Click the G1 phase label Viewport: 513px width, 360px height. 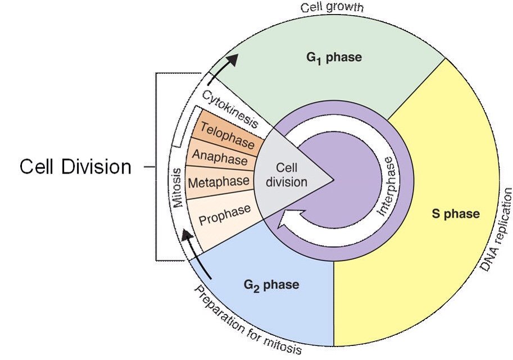click(x=334, y=58)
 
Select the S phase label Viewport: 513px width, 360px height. click(x=456, y=214)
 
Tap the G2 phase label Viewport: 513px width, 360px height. click(x=271, y=285)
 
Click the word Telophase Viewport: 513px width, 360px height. click(x=228, y=135)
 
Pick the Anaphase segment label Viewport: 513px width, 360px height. click(x=220, y=157)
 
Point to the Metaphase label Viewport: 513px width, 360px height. click(x=219, y=182)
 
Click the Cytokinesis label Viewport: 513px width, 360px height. click(x=230, y=108)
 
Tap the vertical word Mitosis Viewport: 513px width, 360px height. click(x=178, y=188)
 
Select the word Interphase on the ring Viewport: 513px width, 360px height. click(x=387, y=186)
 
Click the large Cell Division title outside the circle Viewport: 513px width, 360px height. click(x=76, y=167)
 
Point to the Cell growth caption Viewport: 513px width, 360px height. click(x=332, y=7)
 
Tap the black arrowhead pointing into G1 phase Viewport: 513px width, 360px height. click(x=231, y=61)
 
